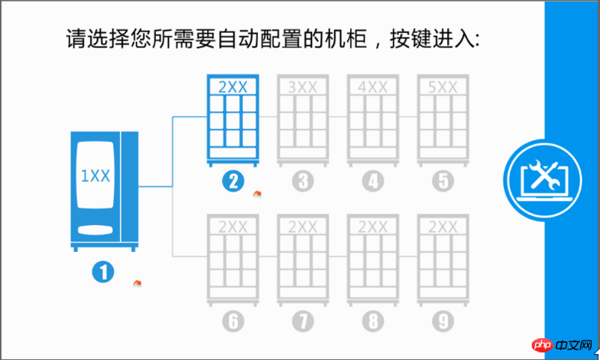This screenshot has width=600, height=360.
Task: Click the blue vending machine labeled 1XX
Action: (104, 190)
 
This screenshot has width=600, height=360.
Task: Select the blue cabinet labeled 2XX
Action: (232, 120)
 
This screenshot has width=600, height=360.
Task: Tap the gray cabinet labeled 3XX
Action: (302, 120)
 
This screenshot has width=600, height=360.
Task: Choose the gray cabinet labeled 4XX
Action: (372, 120)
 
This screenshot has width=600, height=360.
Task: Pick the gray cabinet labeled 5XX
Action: (442, 120)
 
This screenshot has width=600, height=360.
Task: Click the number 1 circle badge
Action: (103, 271)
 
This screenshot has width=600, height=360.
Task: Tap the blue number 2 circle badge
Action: (233, 181)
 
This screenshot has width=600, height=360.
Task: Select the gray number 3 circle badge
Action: (302, 181)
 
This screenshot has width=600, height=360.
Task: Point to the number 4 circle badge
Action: (372, 181)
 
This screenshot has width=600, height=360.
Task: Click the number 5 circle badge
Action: (442, 181)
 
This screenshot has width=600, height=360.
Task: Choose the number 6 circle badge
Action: (233, 321)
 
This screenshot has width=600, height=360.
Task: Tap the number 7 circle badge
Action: (302, 321)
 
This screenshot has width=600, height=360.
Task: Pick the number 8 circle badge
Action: (372, 321)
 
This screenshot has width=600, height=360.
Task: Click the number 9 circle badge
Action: (442, 321)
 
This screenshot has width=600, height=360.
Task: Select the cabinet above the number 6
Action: (232, 259)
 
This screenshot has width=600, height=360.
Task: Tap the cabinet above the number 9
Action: (442, 259)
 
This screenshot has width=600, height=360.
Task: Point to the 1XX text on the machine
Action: (96, 176)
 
